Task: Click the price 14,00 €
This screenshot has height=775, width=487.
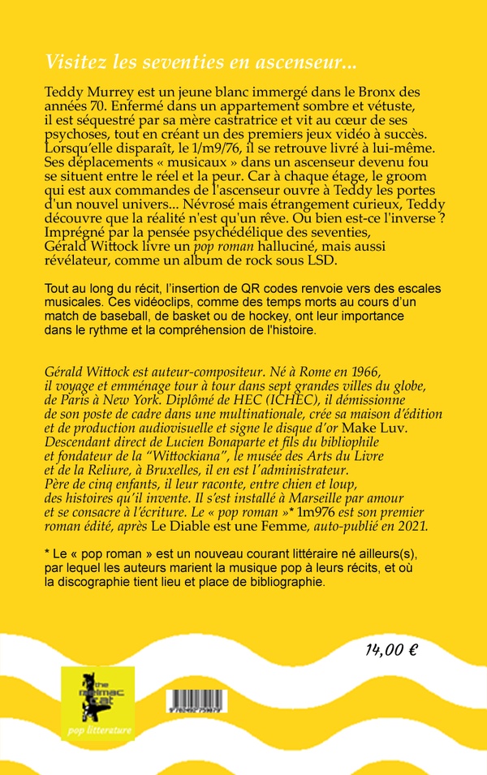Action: click(392, 649)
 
